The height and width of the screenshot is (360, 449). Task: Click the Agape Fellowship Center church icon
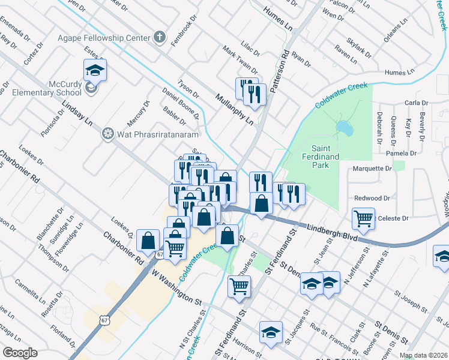[159, 37]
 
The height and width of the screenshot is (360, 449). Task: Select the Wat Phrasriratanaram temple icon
[108, 133]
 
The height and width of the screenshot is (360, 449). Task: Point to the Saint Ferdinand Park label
[333, 152]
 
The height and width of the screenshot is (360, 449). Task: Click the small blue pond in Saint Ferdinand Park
[344, 127]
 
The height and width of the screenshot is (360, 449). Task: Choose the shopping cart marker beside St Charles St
[239, 286]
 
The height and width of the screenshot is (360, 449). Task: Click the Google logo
[20, 353]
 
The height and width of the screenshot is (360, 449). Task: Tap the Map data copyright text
[424, 355]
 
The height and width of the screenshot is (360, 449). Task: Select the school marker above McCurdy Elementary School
[95, 70]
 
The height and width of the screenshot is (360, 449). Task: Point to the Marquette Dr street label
[372, 169]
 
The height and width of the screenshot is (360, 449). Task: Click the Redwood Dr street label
[372, 198]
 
